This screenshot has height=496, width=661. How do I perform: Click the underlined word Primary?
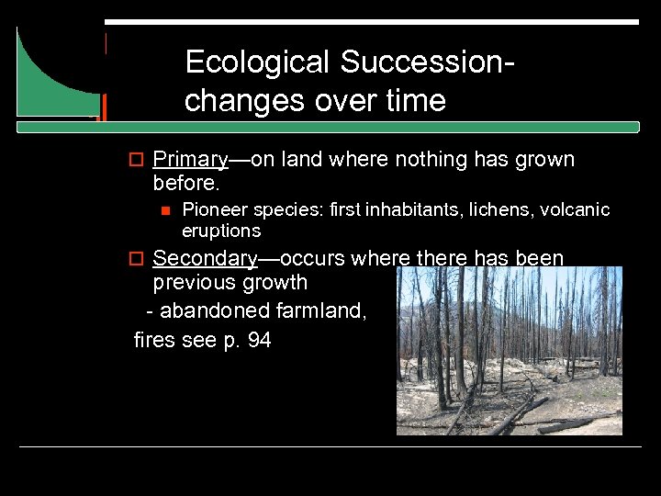tap(190, 160)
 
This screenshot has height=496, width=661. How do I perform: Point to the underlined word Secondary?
tap(205, 259)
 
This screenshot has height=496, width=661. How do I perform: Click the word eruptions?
tap(221, 231)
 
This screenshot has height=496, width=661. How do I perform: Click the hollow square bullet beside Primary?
tap(137, 161)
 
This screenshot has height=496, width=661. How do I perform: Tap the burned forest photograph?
tap(509, 350)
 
